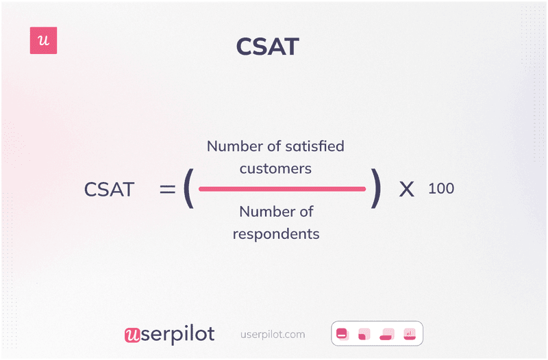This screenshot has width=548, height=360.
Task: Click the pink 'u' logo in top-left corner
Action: (x=44, y=41)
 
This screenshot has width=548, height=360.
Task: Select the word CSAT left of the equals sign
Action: (x=109, y=190)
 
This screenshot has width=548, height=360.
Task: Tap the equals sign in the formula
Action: (x=167, y=189)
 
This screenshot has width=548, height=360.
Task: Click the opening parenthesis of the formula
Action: (x=188, y=189)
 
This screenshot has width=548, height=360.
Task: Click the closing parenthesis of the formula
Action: (x=375, y=189)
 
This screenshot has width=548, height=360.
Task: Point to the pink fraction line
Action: (x=282, y=189)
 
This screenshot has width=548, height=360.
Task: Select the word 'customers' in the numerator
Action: (x=275, y=168)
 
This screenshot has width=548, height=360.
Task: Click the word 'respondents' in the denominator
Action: (x=275, y=234)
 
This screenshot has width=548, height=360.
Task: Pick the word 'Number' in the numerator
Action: (x=234, y=146)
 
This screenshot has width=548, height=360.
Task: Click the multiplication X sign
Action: (x=407, y=190)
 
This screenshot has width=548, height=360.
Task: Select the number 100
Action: (x=440, y=188)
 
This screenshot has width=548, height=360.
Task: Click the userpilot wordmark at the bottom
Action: (x=169, y=334)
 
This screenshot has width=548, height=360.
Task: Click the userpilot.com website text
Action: (x=273, y=335)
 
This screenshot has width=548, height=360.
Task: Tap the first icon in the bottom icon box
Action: (x=342, y=334)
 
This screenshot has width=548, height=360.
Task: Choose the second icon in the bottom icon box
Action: (x=364, y=334)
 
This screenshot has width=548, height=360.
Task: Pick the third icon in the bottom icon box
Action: (x=387, y=334)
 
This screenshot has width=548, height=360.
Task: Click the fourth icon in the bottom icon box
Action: (x=410, y=334)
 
